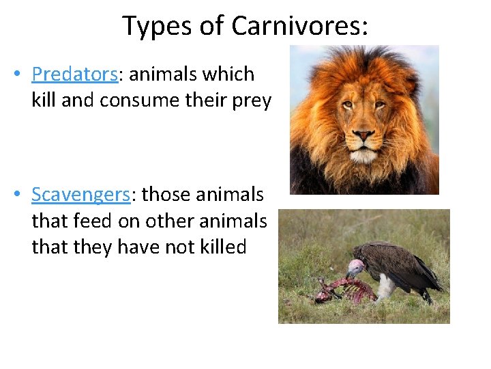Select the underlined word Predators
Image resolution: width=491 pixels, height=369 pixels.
74,74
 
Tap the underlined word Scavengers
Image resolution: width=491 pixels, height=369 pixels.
80,194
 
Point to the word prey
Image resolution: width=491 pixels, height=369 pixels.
253,100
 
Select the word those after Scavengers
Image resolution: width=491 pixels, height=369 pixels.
168,194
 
